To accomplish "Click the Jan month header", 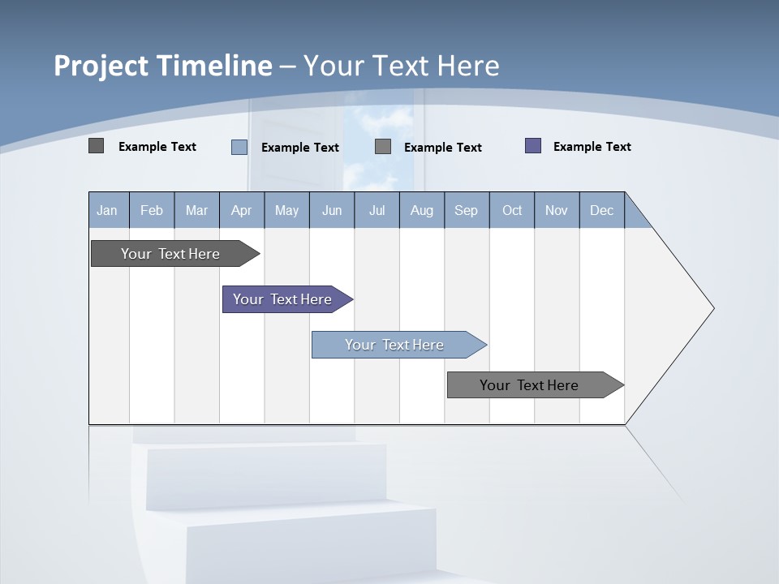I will (107, 210).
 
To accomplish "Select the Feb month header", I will (152, 210).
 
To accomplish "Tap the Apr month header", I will (241, 210).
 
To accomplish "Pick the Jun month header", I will (332, 210).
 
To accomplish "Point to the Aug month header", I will (421, 210).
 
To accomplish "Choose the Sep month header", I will (466, 210).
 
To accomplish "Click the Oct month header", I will (512, 210).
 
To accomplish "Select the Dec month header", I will (601, 210).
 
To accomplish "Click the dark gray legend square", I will (96, 146).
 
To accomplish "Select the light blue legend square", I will (239, 147).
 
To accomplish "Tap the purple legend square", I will (533, 146).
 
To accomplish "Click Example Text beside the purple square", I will (592, 147).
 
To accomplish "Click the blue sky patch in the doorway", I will (378, 138).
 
